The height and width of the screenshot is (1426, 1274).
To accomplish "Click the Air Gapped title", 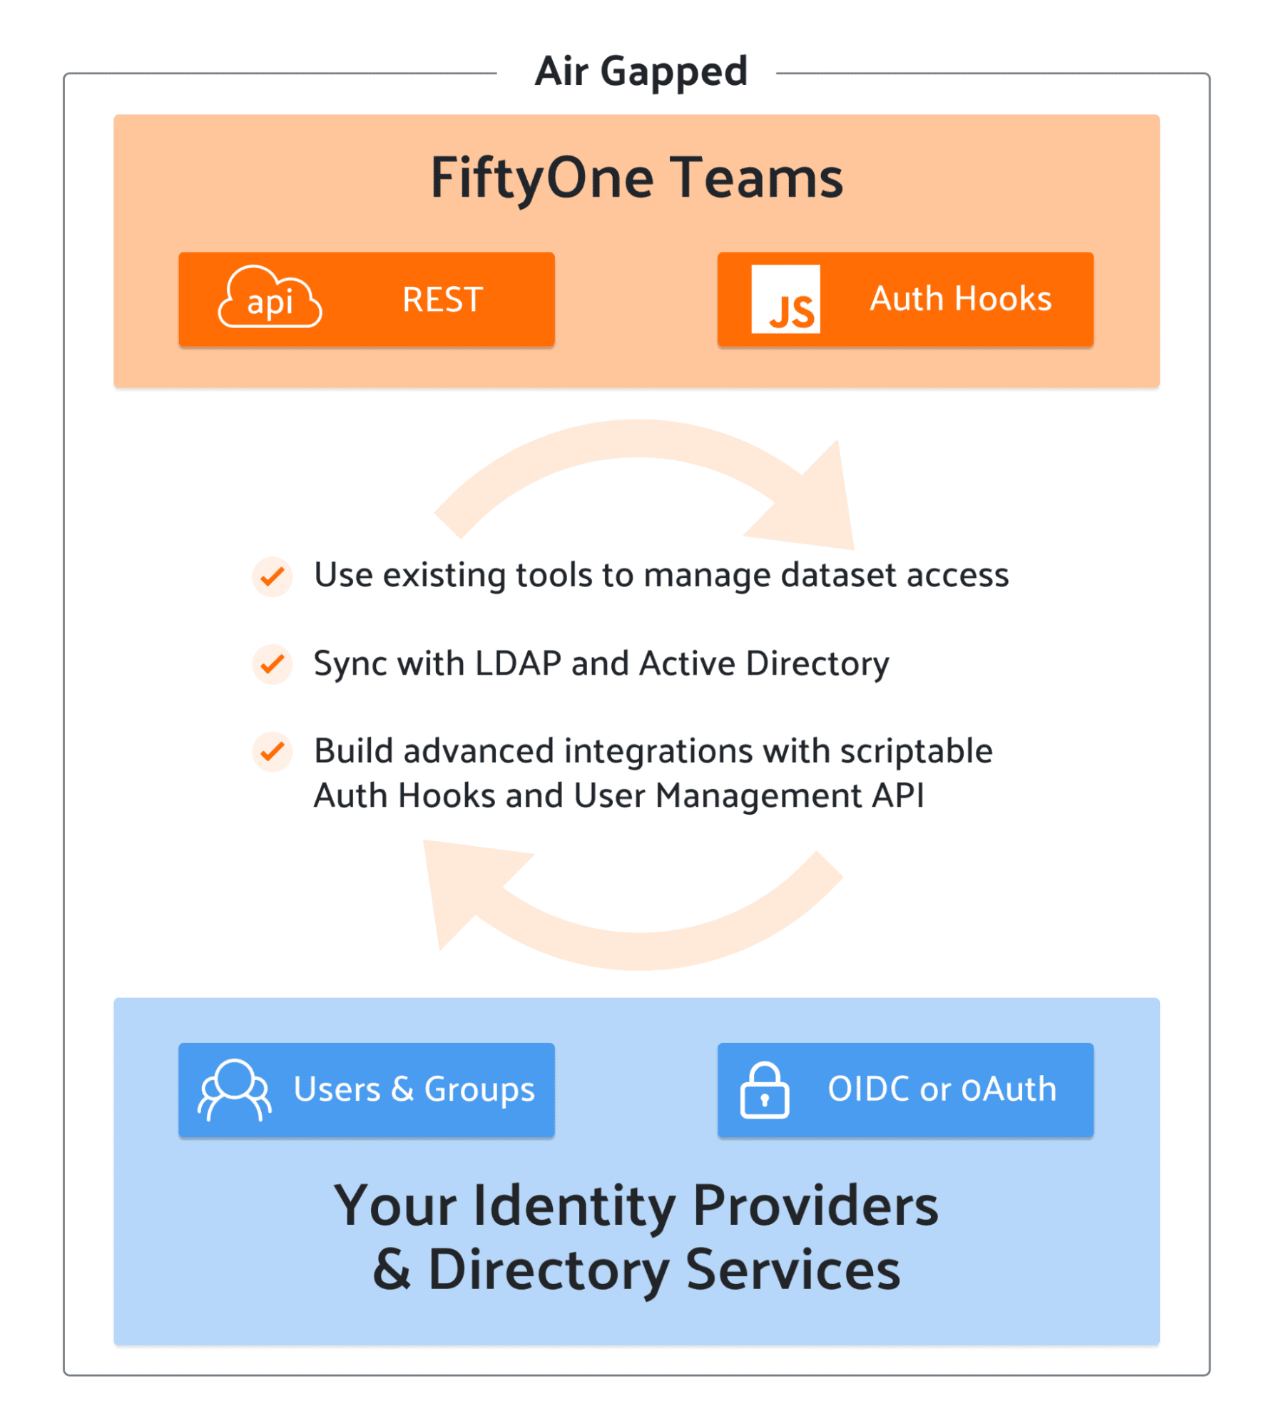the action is click(x=641, y=71).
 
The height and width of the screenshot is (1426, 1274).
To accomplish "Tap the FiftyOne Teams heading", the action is click(x=636, y=178).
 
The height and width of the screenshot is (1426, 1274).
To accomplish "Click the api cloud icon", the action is click(x=270, y=298).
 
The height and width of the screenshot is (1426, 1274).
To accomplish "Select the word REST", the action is click(x=442, y=300).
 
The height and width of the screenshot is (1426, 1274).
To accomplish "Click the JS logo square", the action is click(x=785, y=299).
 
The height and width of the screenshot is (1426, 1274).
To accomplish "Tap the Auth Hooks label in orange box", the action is click(x=960, y=298).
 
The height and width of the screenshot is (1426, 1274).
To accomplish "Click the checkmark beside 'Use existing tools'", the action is click(x=272, y=576).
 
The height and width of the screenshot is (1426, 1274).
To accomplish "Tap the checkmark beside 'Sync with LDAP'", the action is click(x=272, y=665).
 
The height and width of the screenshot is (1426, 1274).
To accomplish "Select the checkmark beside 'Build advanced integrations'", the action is click(x=272, y=752).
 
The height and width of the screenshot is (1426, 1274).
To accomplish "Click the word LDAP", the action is click(x=519, y=663).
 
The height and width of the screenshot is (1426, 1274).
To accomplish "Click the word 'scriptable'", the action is click(x=916, y=751).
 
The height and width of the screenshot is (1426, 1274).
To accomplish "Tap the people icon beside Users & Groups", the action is click(x=235, y=1089).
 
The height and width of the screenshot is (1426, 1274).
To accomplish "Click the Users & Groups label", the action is click(x=414, y=1089).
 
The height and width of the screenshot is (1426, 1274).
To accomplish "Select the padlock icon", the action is click(x=764, y=1091).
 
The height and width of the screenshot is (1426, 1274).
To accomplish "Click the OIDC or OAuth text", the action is click(x=942, y=1089).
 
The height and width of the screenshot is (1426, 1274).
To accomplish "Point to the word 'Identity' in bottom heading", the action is click(x=574, y=1206).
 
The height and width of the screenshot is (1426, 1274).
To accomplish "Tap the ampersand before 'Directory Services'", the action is click(x=392, y=1270).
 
